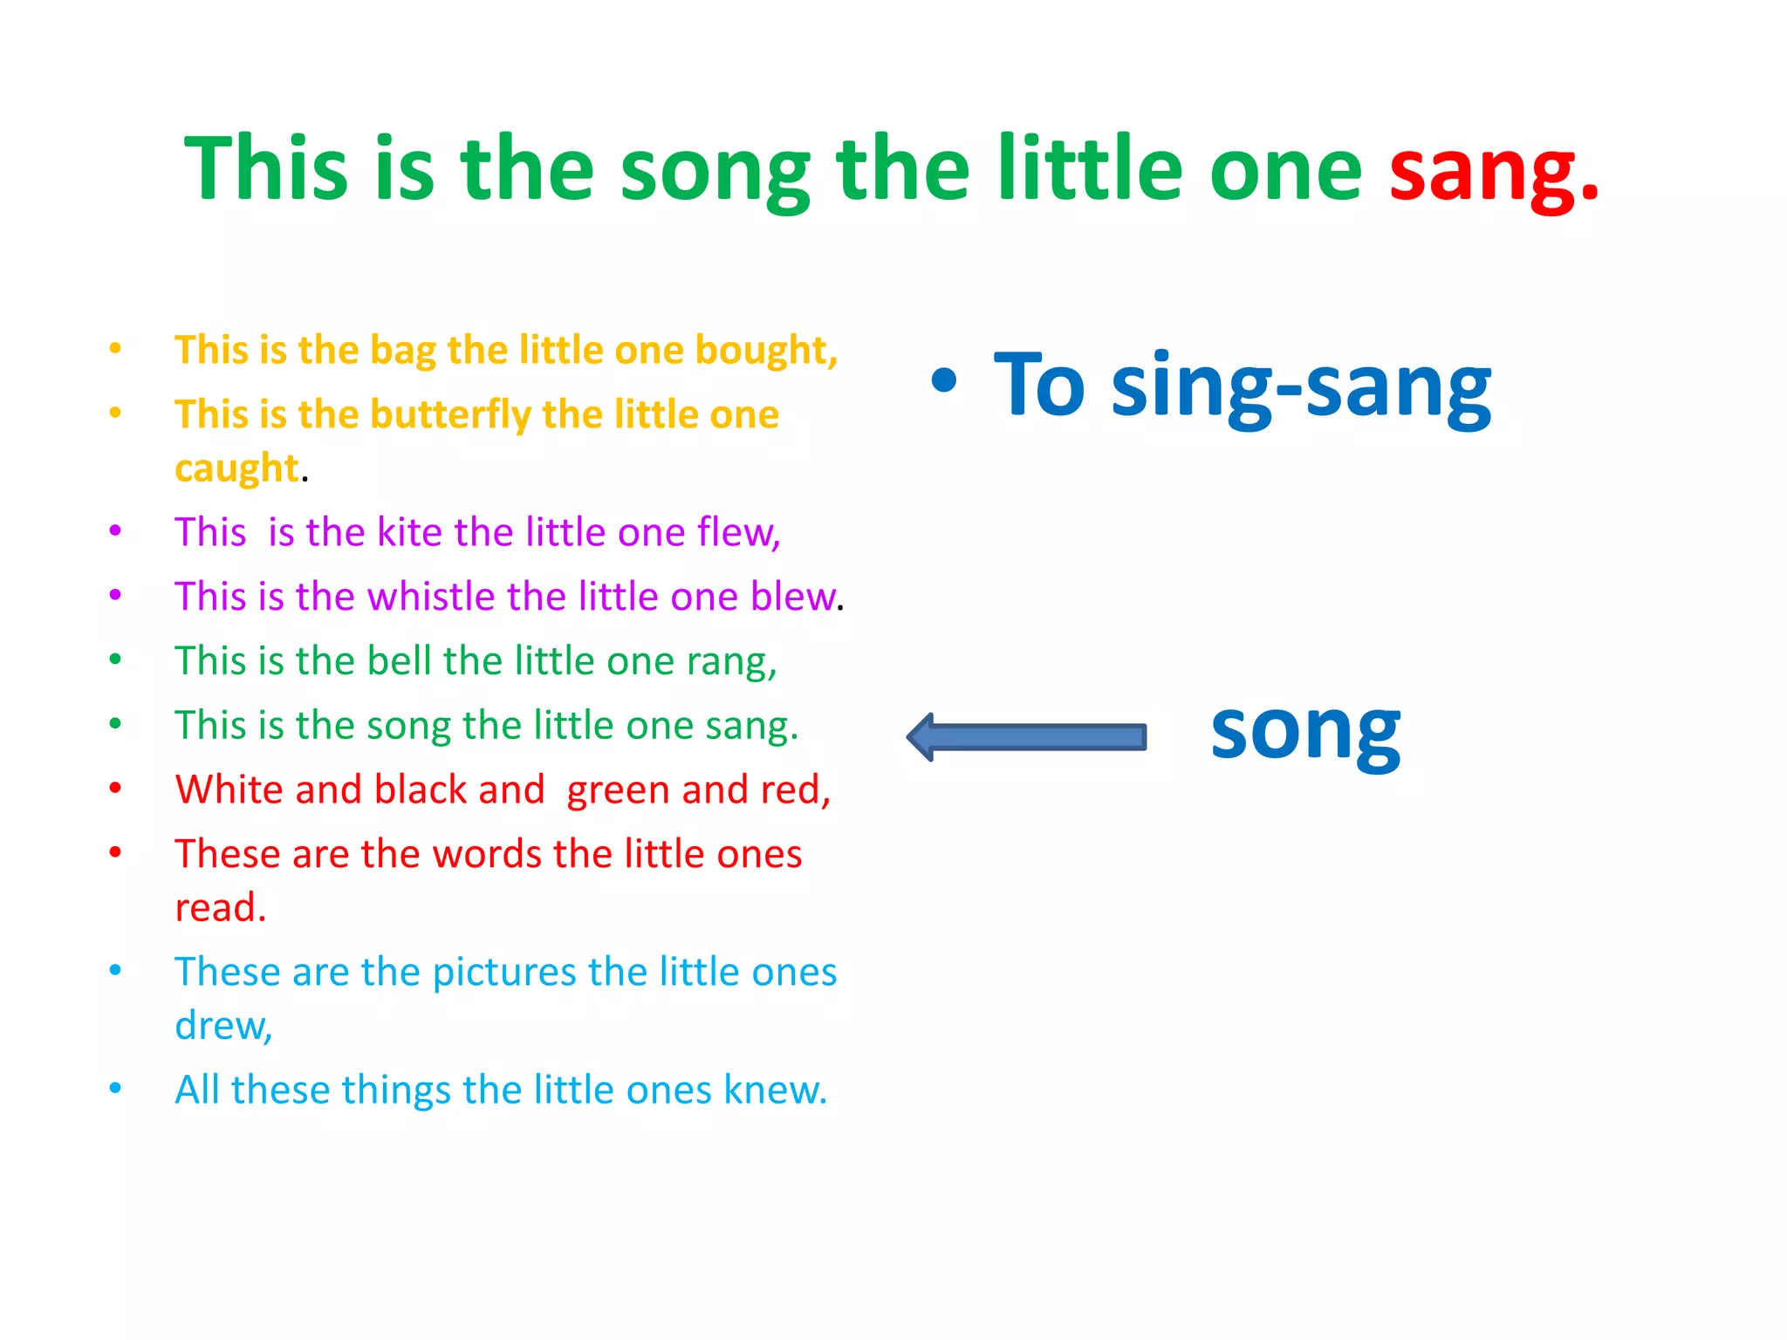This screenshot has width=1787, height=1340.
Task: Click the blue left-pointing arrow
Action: point(1026,737)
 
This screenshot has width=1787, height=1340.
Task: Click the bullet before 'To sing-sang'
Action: point(943,381)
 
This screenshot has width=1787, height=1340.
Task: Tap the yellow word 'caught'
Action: point(236,468)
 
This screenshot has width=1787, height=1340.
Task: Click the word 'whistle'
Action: point(431,597)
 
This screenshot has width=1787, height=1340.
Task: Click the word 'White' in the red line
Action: point(229,790)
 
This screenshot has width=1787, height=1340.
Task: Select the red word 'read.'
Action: point(220,907)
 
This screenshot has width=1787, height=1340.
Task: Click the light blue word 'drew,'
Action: point(223,1026)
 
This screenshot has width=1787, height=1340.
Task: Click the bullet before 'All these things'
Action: point(115,1088)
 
